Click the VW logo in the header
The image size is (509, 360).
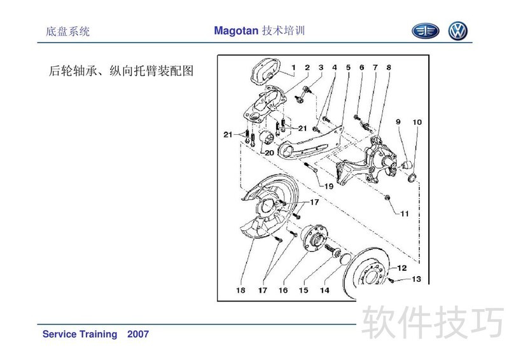pos(457,31)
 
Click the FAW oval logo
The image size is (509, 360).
pos(426,31)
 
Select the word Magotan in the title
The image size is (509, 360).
pos(236,31)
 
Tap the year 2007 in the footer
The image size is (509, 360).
pos(138,334)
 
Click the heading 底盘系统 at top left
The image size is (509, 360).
pos(67,32)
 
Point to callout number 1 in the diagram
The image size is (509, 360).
pos(293,67)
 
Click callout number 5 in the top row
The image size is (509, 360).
pos(348,67)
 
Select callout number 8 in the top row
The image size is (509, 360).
pos(389,67)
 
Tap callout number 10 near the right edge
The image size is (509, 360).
pos(417,122)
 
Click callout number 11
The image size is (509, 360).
pos(404,214)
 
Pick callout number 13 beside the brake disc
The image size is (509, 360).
pos(417,279)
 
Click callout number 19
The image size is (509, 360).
pos(329,186)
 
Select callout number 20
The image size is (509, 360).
pos(269,153)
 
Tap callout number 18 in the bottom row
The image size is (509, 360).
pos(241,290)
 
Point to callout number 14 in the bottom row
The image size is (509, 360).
pos(324,290)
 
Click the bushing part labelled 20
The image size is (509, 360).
pos(267,137)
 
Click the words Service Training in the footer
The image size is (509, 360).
pos(80,334)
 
